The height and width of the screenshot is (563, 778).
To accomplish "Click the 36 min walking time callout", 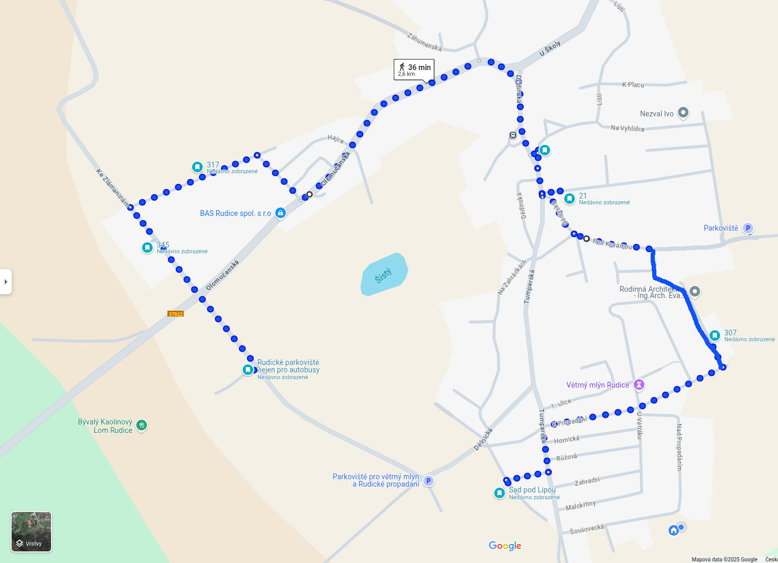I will pyautogui.click(x=414, y=69).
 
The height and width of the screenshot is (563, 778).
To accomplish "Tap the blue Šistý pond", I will pyautogui.click(x=384, y=274).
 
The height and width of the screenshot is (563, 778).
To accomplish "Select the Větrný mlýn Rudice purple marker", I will pyautogui.click(x=639, y=384).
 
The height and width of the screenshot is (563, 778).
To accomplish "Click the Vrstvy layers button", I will pyautogui.click(x=32, y=531).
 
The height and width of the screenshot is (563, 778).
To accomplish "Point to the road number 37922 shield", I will pyautogui.click(x=175, y=314).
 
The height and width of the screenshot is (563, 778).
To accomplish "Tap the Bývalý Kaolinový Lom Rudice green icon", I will pyautogui.click(x=142, y=425).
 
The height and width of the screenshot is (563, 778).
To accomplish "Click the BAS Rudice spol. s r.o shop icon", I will pyautogui.click(x=281, y=213).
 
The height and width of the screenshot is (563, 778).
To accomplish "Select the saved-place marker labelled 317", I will pyautogui.click(x=197, y=167).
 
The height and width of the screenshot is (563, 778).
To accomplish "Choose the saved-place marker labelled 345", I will pyautogui.click(x=147, y=248).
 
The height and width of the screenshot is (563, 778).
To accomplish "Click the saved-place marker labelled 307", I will pyautogui.click(x=715, y=335).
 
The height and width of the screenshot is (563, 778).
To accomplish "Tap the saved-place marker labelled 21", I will pyautogui.click(x=570, y=199).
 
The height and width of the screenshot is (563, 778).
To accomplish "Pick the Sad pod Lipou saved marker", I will pyautogui.click(x=500, y=493).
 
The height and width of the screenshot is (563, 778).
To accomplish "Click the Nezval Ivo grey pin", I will pyautogui.click(x=683, y=112).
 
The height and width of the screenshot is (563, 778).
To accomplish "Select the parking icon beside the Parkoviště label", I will pyautogui.click(x=748, y=228).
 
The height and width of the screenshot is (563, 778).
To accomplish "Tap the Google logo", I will pyautogui.click(x=505, y=546).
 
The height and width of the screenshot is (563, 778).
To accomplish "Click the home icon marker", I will pyautogui.click(x=674, y=530).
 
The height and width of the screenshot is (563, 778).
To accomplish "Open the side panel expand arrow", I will pyautogui.click(x=6, y=282).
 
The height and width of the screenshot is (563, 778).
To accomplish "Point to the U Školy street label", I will pyautogui.click(x=550, y=49).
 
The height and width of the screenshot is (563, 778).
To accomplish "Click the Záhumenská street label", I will pyautogui.click(x=424, y=42).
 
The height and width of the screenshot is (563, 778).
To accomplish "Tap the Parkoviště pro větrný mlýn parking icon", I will pyautogui.click(x=428, y=481).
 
